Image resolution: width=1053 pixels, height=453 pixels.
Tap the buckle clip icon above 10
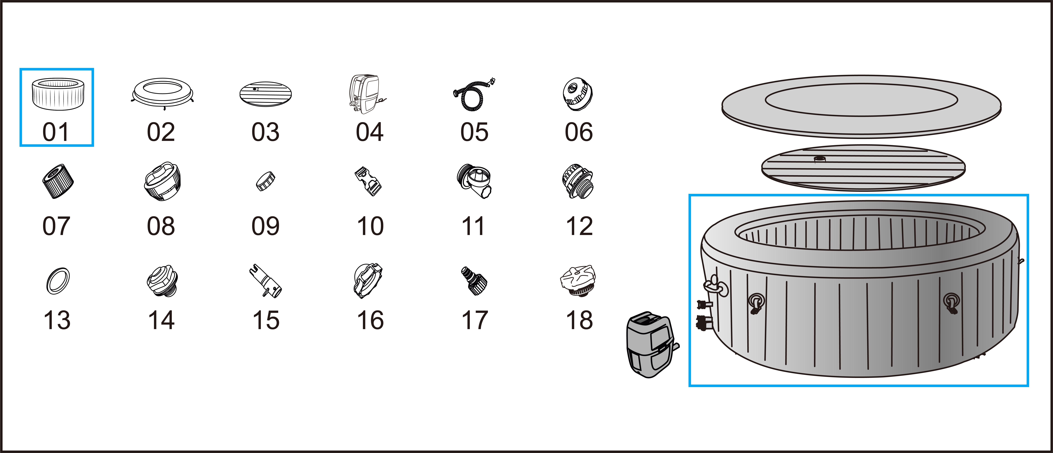pos(368,183)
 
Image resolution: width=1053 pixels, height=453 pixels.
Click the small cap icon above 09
pos(265,181)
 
